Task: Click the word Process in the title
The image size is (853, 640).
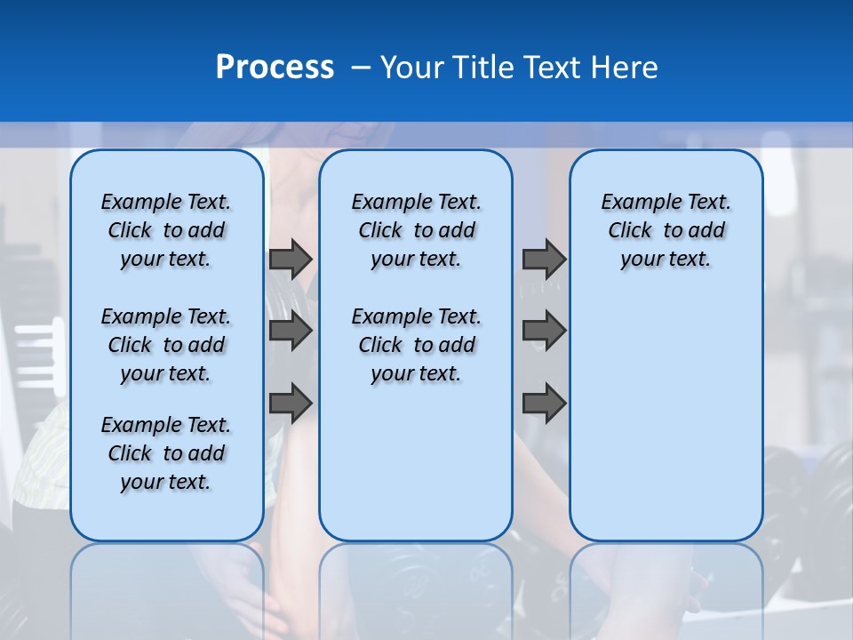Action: [x=275, y=68]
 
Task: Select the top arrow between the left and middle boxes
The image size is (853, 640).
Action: [x=291, y=260]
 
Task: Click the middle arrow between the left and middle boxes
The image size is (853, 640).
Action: [x=291, y=332]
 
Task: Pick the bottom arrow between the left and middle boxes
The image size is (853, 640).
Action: [x=291, y=404]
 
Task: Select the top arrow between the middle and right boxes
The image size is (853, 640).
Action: [x=544, y=260]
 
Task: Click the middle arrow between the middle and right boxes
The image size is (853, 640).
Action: [x=544, y=332]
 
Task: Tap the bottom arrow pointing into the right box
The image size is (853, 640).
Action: [x=544, y=404]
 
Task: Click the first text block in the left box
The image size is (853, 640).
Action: [x=166, y=230]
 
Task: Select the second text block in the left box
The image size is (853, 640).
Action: [x=166, y=345]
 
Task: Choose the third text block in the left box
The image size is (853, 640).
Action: [x=166, y=453]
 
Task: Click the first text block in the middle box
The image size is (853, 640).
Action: [x=416, y=230]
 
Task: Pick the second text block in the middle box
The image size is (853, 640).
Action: [x=416, y=345]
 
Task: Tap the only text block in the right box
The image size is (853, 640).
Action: [x=666, y=230]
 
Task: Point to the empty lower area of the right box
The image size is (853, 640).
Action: [x=666, y=418]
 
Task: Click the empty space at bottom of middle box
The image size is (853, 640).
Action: [x=416, y=471]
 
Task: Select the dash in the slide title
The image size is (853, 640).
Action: [x=362, y=68]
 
